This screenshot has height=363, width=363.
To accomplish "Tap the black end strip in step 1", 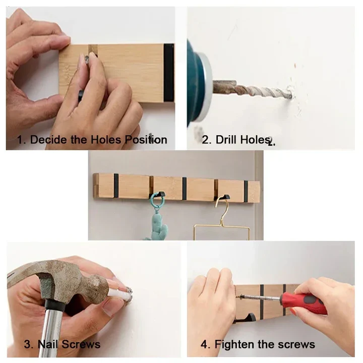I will (168, 73).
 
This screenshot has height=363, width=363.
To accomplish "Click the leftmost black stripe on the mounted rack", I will (116, 186).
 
